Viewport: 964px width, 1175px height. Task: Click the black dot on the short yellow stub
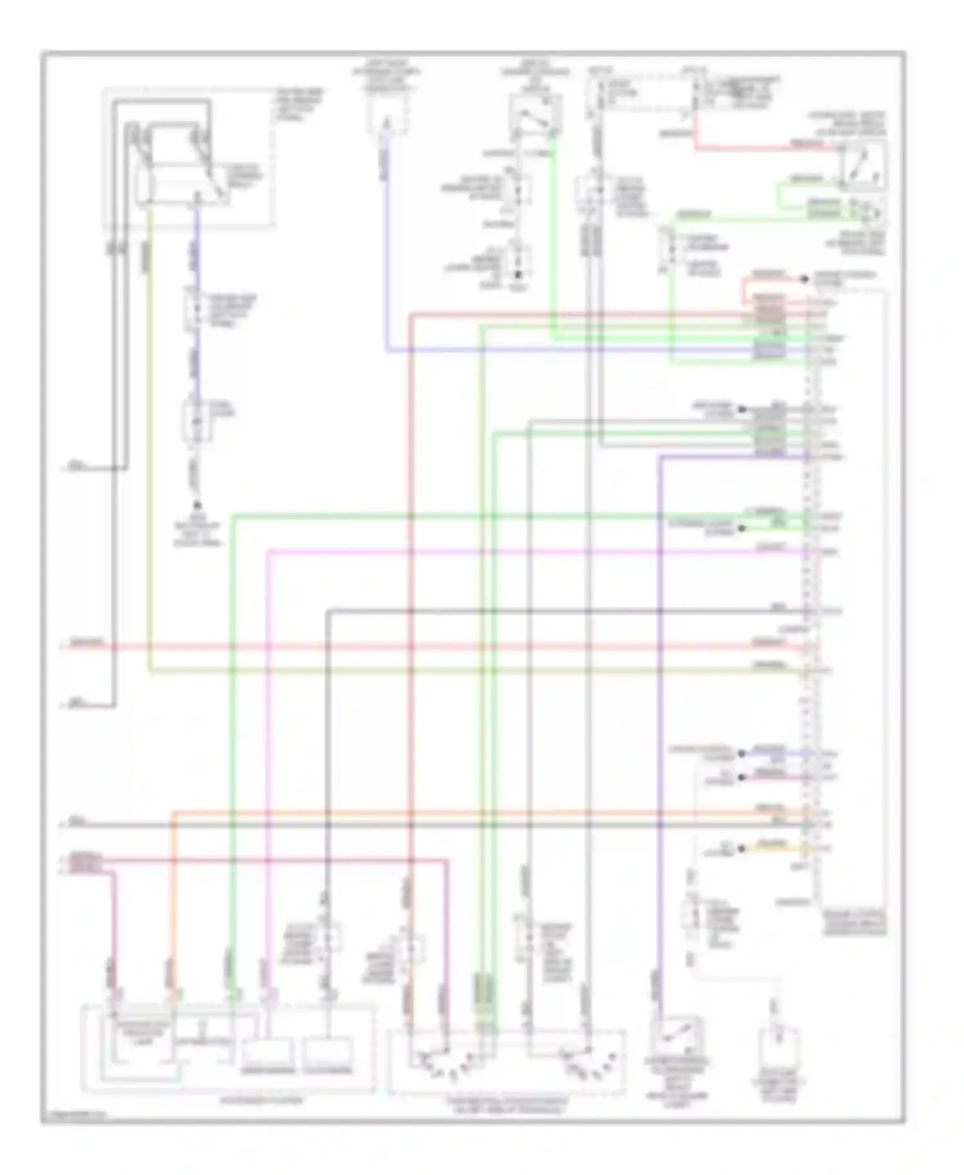coord(741,848)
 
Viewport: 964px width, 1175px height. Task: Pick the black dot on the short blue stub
coord(741,753)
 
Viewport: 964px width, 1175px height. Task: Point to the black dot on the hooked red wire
coord(803,279)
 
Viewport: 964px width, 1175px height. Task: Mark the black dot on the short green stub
coord(741,528)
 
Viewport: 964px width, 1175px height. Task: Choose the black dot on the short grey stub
coord(741,409)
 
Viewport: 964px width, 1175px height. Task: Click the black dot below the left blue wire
coord(197,506)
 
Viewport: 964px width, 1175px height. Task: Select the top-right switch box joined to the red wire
coord(862,166)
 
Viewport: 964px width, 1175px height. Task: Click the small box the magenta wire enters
coord(269,1050)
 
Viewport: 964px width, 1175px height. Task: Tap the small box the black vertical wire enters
coord(328,1050)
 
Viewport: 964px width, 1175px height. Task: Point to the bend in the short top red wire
coord(697,149)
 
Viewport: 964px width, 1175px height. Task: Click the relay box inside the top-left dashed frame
coord(180,183)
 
